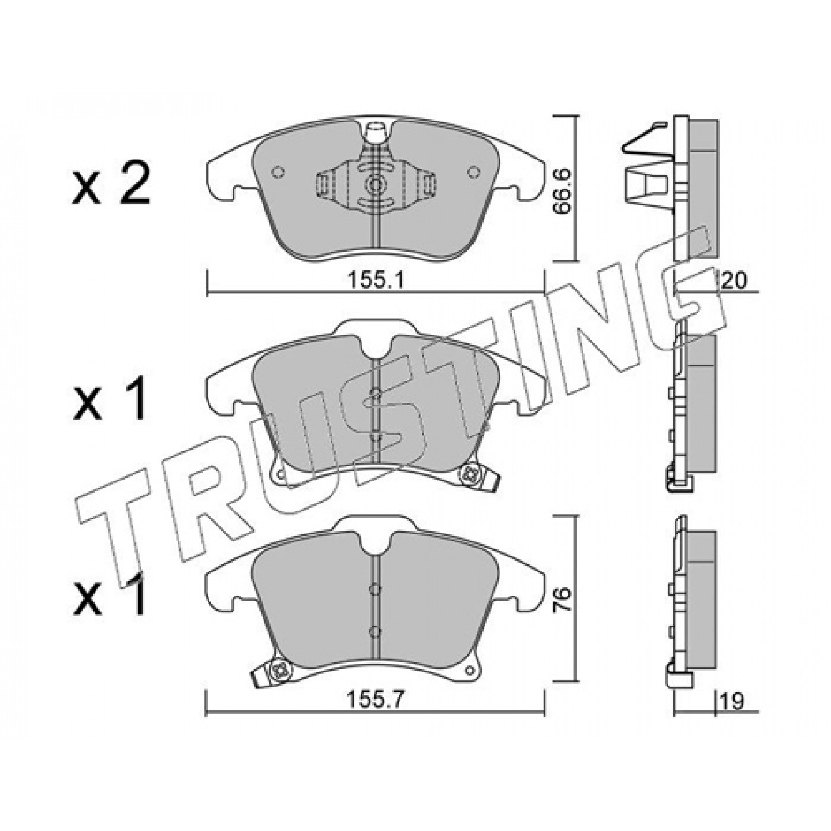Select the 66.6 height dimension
click(x=563, y=190)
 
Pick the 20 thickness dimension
click(x=733, y=282)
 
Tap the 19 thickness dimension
click(x=732, y=701)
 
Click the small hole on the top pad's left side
click(x=277, y=171)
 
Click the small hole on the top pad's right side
click(x=474, y=171)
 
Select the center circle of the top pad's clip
click(x=375, y=185)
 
